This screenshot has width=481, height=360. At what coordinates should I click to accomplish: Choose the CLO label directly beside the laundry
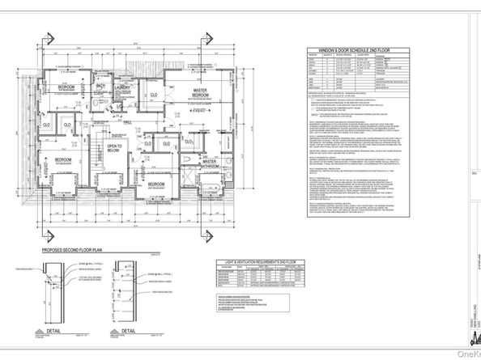pos(154,95)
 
